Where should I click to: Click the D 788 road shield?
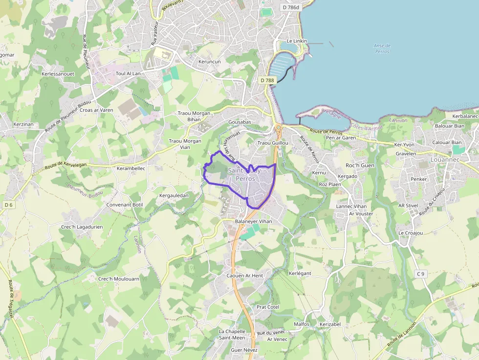[267, 80]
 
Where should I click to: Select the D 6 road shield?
[8, 205]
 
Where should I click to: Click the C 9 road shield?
[420, 274]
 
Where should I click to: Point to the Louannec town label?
[445, 159]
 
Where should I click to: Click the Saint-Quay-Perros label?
[245, 175]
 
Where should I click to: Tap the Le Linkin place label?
[296, 41]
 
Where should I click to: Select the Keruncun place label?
[210, 62]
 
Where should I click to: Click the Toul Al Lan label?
[128, 73]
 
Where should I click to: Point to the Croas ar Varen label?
[96, 110]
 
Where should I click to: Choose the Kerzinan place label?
[23, 124]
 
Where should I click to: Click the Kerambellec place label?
[131, 168]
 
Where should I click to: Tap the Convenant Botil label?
[125, 205]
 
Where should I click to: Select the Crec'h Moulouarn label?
[119, 279]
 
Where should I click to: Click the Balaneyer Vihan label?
[253, 221]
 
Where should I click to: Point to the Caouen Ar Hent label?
[244, 275]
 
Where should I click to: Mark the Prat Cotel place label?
[267, 307]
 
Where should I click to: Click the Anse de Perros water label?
[382, 48]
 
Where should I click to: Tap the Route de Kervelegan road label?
[65, 166]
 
